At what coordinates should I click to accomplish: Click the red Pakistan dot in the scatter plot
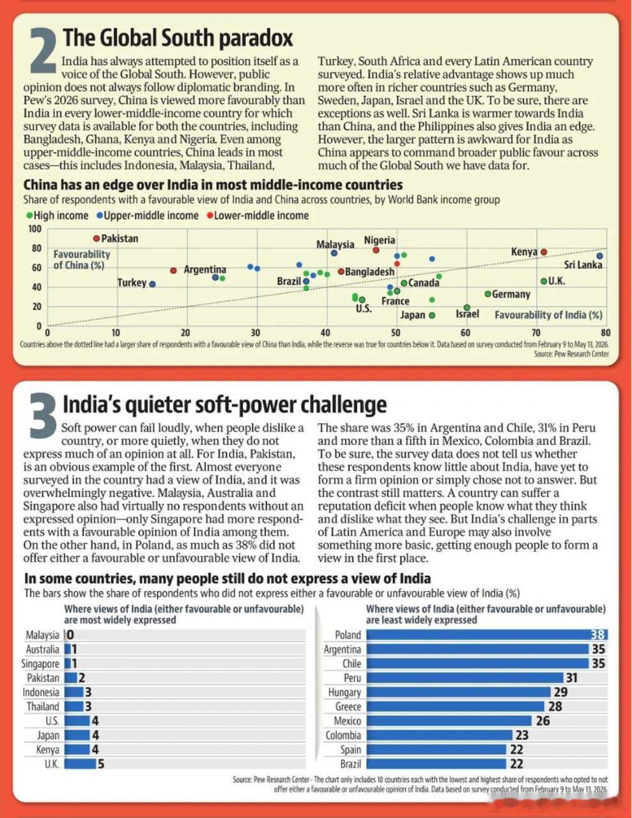click(x=96, y=238)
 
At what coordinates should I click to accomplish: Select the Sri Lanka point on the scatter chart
click(x=599, y=256)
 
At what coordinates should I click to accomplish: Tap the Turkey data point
click(x=153, y=284)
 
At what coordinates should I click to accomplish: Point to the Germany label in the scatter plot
click(x=511, y=294)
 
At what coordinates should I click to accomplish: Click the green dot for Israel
click(x=466, y=307)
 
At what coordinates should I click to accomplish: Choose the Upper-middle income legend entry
click(x=148, y=215)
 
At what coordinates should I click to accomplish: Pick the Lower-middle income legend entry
click(x=258, y=215)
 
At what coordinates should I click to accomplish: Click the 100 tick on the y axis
click(x=35, y=229)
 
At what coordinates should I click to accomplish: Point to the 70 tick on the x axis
click(x=536, y=332)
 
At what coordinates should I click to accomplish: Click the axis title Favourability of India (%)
click(x=548, y=314)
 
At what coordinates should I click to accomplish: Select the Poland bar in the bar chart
click(x=487, y=635)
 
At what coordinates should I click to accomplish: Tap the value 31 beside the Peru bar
click(x=572, y=678)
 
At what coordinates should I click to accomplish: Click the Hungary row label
click(x=344, y=692)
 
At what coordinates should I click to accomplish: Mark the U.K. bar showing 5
click(x=80, y=764)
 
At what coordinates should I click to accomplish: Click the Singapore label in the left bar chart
click(x=40, y=663)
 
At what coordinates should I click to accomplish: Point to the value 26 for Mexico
click(x=543, y=721)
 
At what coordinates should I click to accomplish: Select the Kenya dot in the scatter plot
click(x=544, y=252)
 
